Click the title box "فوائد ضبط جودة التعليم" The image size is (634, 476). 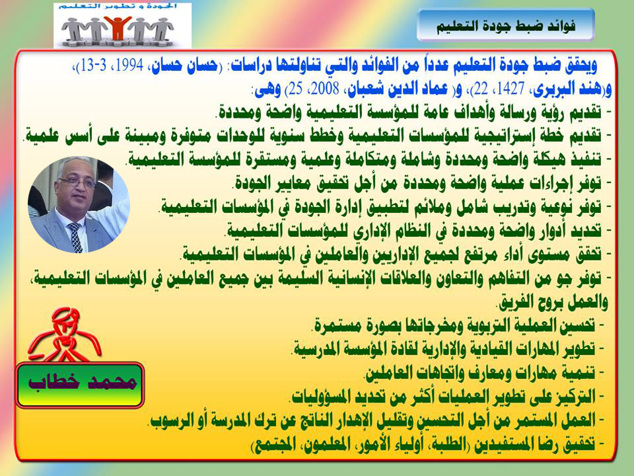click(505, 26)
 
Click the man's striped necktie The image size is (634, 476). click(75, 237)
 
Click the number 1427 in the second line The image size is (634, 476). click(511, 89)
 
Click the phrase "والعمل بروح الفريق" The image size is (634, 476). click(553, 301)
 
